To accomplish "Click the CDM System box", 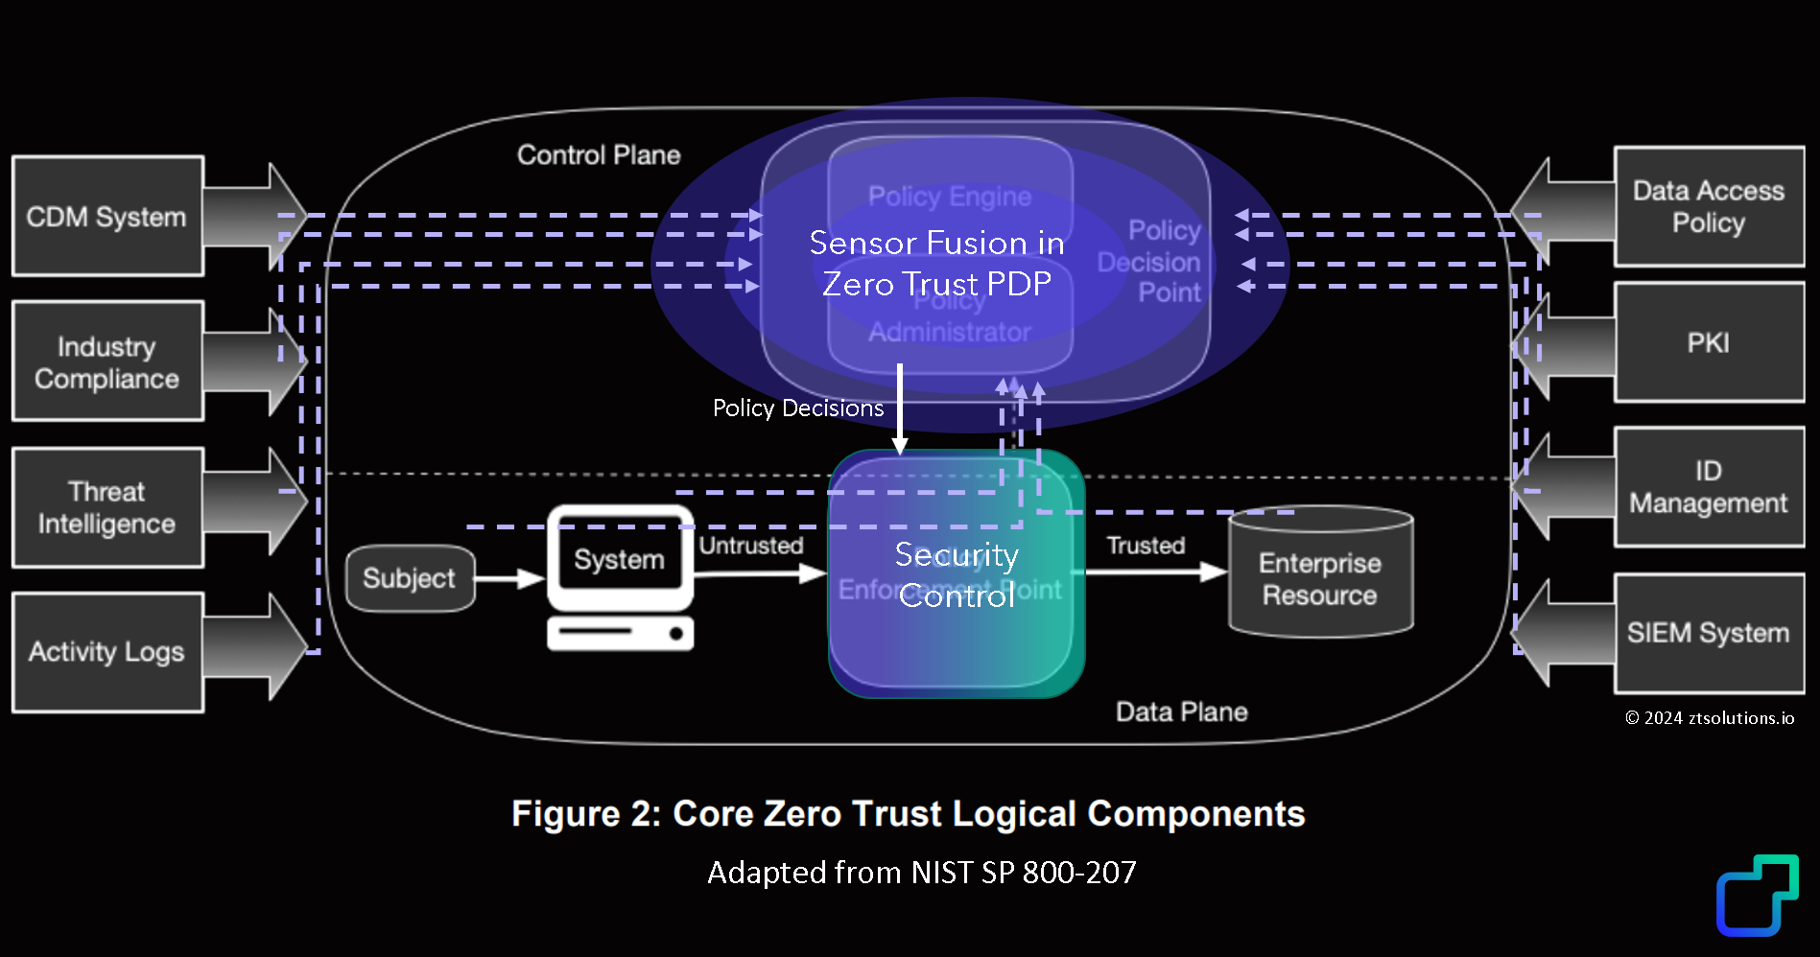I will [x=107, y=217].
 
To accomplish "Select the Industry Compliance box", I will [x=107, y=362].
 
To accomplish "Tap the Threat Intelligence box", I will [x=107, y=507].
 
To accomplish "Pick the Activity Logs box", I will [x=107, y=652].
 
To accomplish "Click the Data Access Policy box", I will [x=1709, y=207].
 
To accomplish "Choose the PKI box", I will [x=1709, y=342].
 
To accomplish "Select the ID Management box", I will [x=1709, y=487].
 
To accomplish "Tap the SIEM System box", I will [x=1709, y=633].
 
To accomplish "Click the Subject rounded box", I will [x=410, y=578].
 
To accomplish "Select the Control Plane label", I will [x=599, y=155].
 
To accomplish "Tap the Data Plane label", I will [x=1181, y=712].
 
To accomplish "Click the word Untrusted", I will [x=751, y=546].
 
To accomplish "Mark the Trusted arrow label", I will [x=1146, y=546].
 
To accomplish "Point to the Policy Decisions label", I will [x=798, y=408].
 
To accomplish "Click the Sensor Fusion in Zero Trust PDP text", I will [x=936, y=264].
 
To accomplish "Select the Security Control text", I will [x=957, y=575].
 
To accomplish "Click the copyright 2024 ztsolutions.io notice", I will [x=1710, y=718].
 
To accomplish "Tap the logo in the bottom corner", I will [x=1757, y=895].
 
